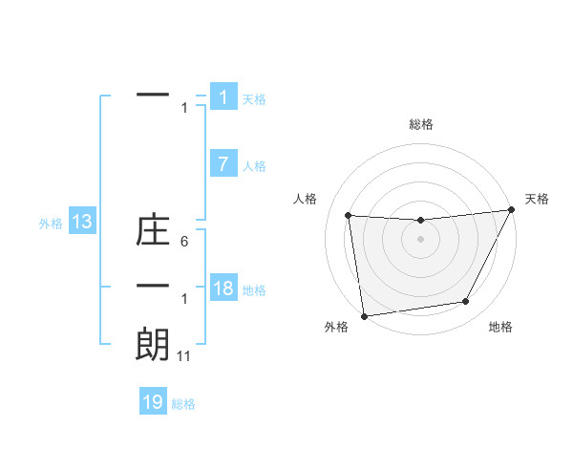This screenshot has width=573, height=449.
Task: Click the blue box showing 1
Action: [223, 97]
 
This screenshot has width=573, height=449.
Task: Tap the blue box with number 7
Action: [223, 164]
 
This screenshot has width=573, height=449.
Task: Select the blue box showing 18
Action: [223, 289]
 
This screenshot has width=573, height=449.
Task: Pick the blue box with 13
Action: [82, 223]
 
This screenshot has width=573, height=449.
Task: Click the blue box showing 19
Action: [153, 402]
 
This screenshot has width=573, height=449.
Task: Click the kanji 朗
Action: [153, 345]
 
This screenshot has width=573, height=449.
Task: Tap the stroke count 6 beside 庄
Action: [183, 243]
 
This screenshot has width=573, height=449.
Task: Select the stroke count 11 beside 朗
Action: [184, 356]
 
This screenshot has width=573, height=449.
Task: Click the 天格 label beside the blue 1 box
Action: [254, 98]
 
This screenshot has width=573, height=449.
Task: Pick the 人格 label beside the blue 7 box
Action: [254, 165]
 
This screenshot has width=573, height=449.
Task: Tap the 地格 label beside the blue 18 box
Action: [254, 289]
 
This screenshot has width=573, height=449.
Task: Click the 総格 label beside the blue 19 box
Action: [183, 403]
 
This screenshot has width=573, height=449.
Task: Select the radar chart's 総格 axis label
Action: [420, 124]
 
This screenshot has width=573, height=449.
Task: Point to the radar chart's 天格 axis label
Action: [537, 199]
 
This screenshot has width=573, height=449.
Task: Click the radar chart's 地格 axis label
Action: [500, 327]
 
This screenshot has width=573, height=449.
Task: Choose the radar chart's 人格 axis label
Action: [306, 199]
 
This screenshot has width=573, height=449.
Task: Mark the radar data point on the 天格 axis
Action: [511, 210]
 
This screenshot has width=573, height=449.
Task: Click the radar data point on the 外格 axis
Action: [364, 315]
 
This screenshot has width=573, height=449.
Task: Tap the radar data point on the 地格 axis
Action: [466, 302]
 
